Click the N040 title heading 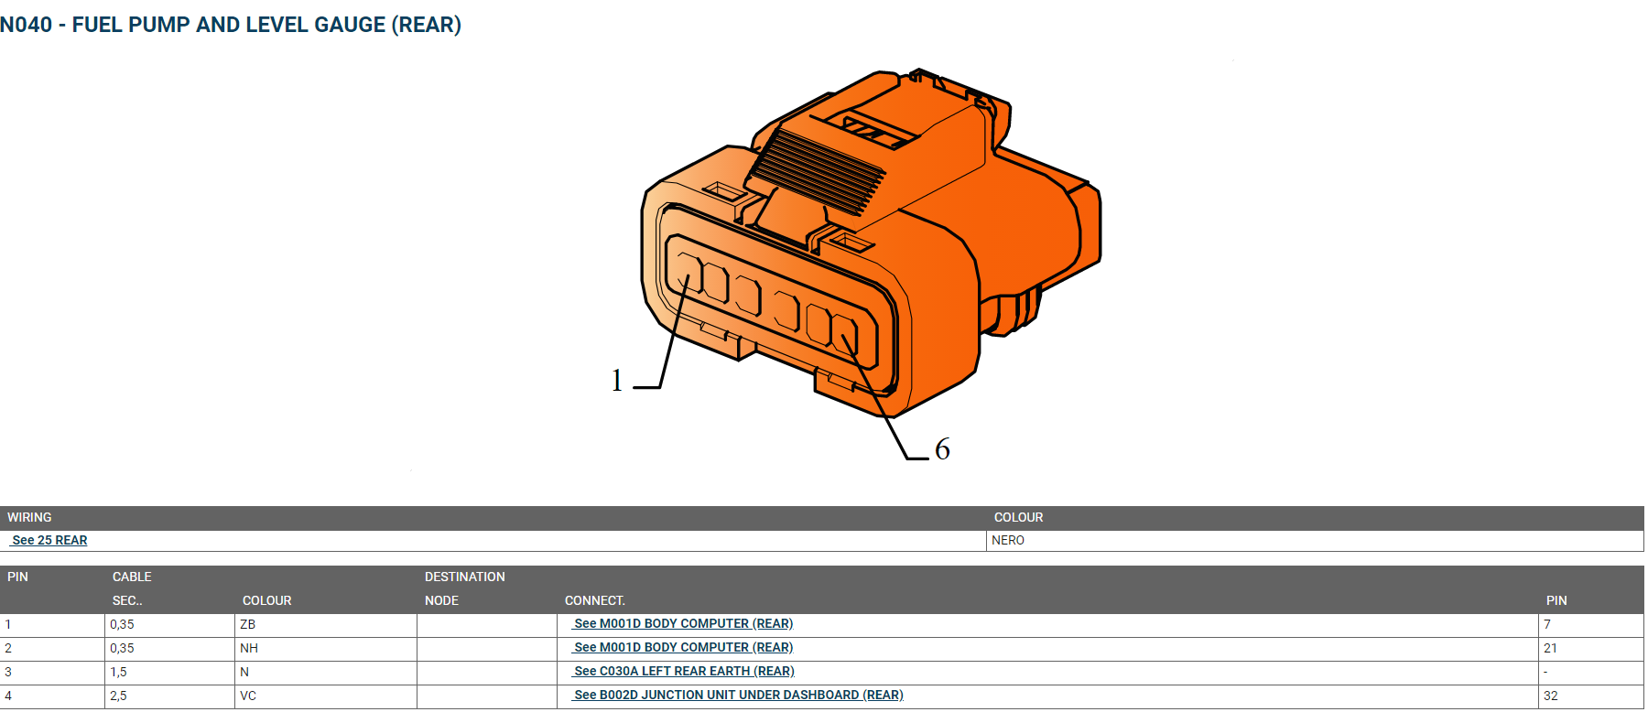point(231,25)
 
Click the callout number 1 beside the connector point(617,380)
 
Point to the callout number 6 point(942,449)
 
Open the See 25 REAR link point(49,540)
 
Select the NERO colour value point(1008,540)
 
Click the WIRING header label point(29,517)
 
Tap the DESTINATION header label point(465,577)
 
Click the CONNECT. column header point(595,600)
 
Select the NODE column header point(441,600)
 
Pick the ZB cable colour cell point(247,624)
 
